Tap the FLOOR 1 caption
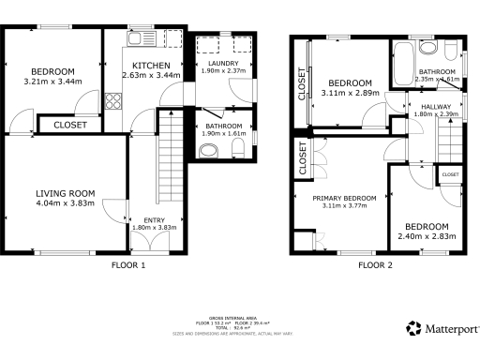(128, 265)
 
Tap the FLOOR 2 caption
(375, 265)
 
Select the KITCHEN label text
(150, 66)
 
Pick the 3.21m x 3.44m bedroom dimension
(52, 82)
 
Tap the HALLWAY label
(436, 107)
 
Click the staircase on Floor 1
(170, 150)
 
